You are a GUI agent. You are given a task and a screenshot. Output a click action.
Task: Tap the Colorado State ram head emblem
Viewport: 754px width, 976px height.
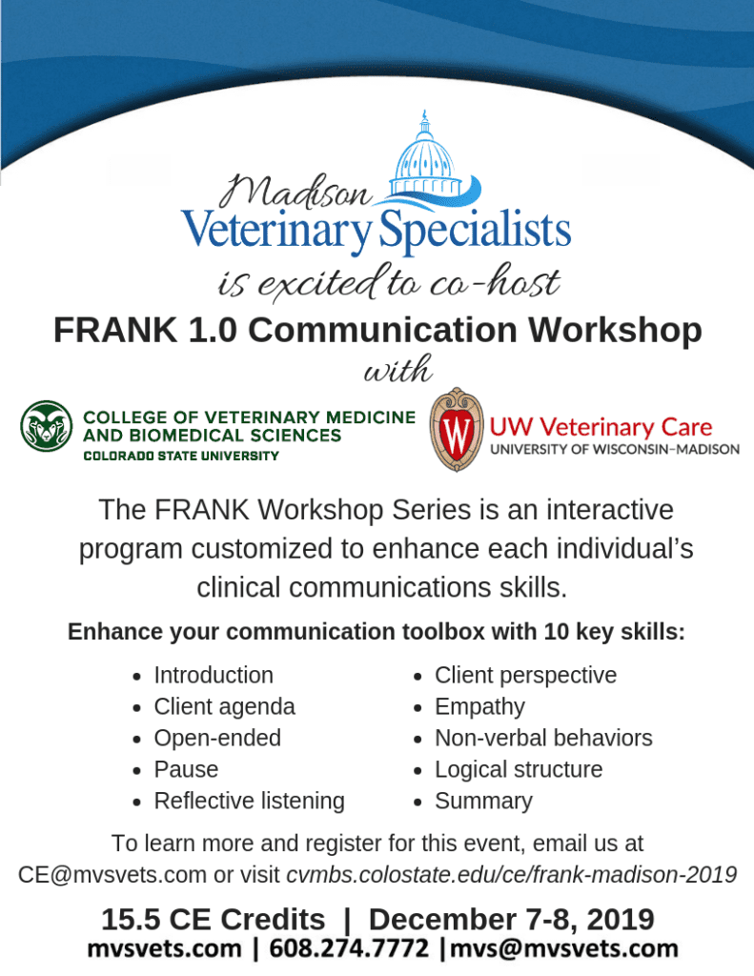[47, 426]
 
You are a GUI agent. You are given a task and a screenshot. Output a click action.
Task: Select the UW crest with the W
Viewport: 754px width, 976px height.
[457, 429]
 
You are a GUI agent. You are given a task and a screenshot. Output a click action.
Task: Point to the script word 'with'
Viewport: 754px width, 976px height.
[397, 369]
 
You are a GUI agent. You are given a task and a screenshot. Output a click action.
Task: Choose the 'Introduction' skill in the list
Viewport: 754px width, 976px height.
[214, 676]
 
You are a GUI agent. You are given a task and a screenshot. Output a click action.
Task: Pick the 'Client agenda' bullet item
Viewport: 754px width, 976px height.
[225, 707]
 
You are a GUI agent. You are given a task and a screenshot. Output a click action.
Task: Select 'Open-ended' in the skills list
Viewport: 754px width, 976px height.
[218, 739]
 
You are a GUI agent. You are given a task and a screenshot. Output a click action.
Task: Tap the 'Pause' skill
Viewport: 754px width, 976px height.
[186, 770]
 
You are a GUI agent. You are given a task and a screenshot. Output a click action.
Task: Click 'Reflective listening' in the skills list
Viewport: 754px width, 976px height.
[249, 801]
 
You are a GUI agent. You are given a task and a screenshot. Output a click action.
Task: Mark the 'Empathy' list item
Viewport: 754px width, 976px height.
[480, 707]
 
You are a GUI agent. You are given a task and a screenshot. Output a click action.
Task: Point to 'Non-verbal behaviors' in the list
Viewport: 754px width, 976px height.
[543, 739]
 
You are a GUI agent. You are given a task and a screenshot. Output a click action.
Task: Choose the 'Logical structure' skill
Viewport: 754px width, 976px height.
[519, 770]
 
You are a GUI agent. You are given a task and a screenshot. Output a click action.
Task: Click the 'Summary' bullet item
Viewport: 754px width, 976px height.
[484, 801]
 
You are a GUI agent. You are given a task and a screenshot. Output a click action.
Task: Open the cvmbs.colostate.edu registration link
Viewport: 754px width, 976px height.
[512, 875]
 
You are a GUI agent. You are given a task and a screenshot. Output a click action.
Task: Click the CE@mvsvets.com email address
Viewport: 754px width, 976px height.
[112, 875]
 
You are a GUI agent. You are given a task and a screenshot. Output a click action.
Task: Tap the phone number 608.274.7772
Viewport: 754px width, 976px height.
[349, 948]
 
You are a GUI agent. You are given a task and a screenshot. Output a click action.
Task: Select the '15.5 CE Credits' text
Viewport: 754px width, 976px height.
[213, 920]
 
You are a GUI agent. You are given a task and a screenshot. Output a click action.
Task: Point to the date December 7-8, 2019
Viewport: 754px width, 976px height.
[512, 920]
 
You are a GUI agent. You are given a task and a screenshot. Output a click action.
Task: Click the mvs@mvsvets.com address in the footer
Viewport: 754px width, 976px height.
[564, 948]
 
